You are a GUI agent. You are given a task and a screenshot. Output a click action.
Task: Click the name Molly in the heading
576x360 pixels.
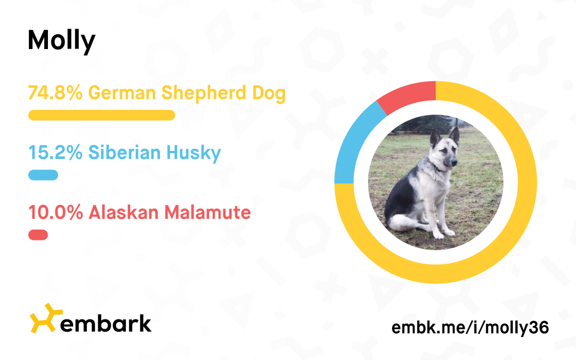(61, 41)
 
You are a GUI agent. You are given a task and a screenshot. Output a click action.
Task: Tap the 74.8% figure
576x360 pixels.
(55, 93)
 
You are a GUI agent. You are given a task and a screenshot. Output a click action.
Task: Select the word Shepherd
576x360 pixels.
(204, 93)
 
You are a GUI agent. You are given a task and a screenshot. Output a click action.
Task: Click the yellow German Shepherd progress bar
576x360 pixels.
(102, 115)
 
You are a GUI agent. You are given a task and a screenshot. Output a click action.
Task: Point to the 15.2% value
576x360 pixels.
(55, 153)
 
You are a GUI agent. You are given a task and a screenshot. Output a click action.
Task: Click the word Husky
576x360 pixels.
(194, 153)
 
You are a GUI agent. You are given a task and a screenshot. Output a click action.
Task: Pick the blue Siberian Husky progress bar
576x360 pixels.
(43, 175)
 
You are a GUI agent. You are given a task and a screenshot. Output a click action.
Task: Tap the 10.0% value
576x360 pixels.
(55, 212)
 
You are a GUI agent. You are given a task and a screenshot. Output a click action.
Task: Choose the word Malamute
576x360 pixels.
(207, 212)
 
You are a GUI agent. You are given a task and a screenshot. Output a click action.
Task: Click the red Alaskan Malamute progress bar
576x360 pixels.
(38, 235)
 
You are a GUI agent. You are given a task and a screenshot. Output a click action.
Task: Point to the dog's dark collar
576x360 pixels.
(438, 168)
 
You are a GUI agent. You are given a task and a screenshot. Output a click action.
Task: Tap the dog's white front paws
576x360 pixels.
(443, 234)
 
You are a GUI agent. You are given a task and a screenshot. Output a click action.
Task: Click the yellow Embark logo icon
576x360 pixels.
(45, 318)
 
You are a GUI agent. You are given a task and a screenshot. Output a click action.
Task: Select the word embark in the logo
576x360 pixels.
(106, 323)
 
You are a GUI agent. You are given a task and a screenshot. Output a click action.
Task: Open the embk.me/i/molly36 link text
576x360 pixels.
(470, 327)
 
